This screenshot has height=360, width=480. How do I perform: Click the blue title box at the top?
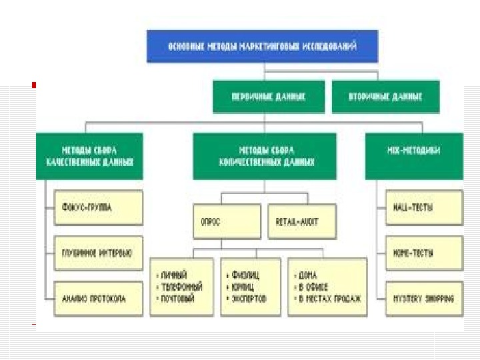point(263,47)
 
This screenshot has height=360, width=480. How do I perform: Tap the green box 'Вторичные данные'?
point(385,97)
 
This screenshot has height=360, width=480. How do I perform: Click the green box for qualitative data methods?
point(89,156)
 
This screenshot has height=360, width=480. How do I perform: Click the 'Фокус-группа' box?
point(98,207)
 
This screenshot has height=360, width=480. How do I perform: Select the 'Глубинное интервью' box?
point(98,253)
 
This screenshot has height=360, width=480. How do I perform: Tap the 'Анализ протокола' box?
point(98,298)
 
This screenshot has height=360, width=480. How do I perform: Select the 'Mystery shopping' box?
point(424,298)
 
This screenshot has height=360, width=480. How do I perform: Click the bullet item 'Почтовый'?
point(178,299)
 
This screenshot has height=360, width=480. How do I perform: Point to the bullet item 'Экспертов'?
point(249,299)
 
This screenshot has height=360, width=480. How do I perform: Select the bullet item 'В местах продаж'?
point(331,299)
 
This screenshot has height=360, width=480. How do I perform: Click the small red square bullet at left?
point(33,85)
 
